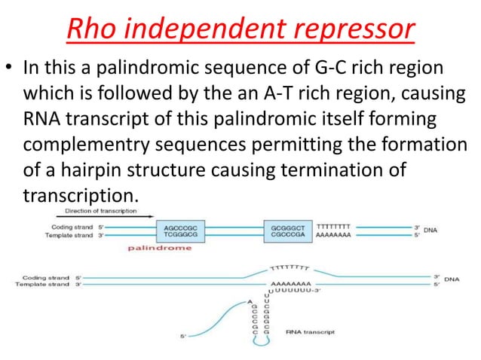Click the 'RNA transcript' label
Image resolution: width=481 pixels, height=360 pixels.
coord(311,331)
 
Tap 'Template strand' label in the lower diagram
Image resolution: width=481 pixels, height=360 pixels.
coord(44,284)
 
